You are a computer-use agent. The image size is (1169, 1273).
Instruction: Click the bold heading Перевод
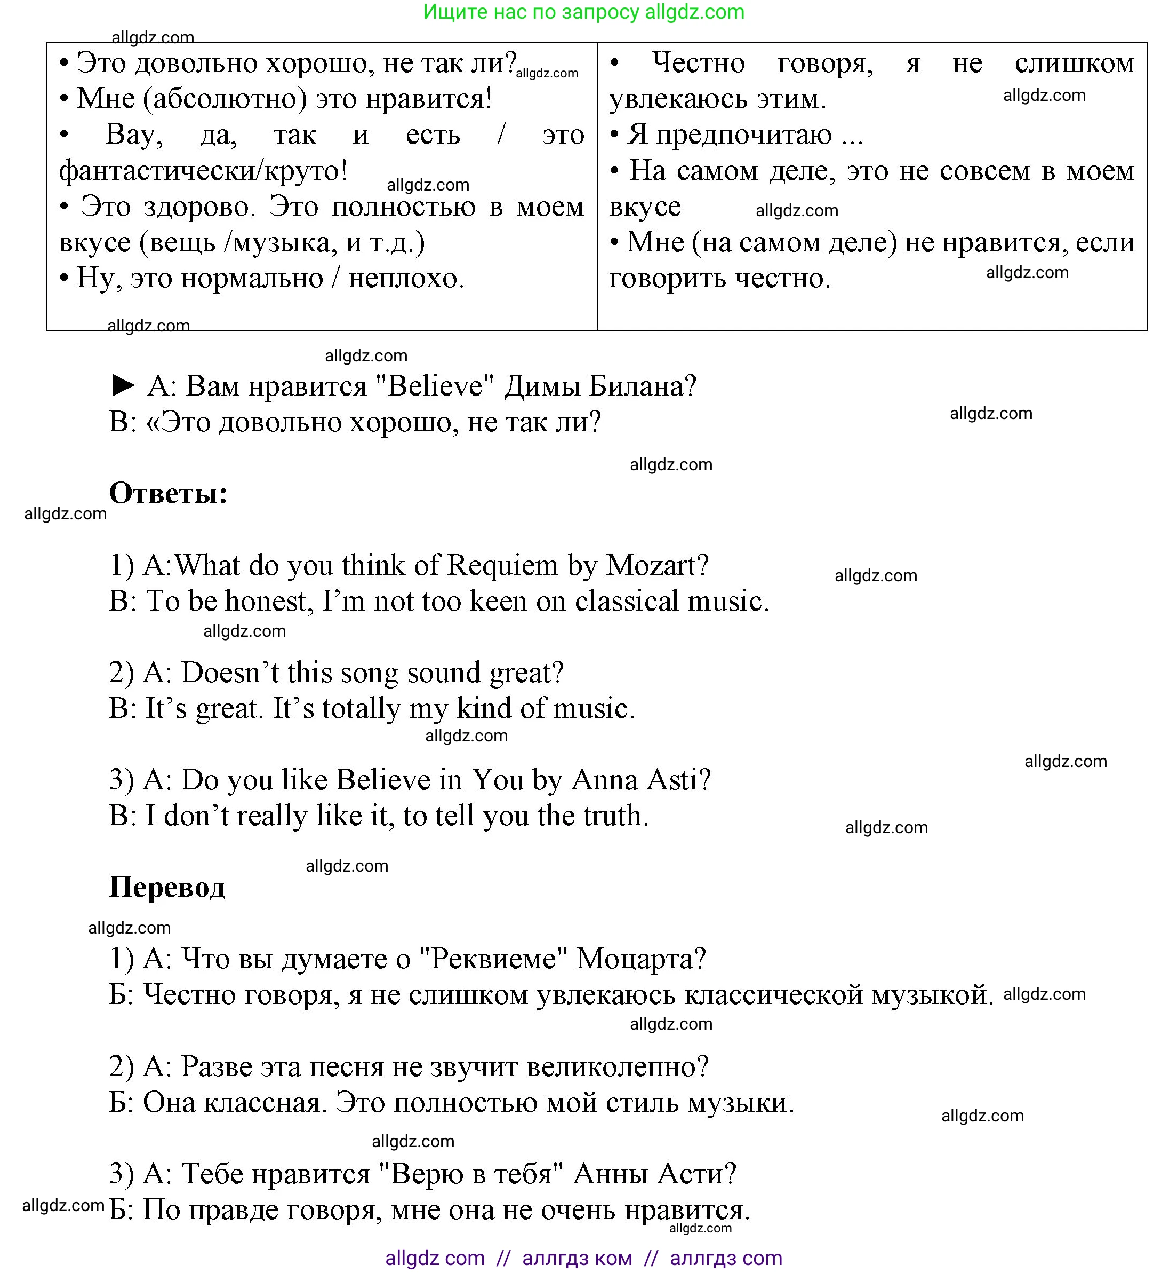tap(167, 887)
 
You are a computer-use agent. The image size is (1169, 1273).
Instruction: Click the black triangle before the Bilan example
tap(123, 385)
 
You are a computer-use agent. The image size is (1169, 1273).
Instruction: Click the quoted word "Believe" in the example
tap(434, 386)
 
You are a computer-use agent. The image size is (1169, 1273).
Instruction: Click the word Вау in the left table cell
tap(133, 135)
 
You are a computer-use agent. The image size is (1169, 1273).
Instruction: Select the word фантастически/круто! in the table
tap(203, 171)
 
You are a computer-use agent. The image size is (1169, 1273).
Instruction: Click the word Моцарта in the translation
tap(640, 959)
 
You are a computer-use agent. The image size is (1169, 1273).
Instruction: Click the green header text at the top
tap(583, 12)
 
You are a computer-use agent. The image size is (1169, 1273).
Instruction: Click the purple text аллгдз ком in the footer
tap(577, 1258)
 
